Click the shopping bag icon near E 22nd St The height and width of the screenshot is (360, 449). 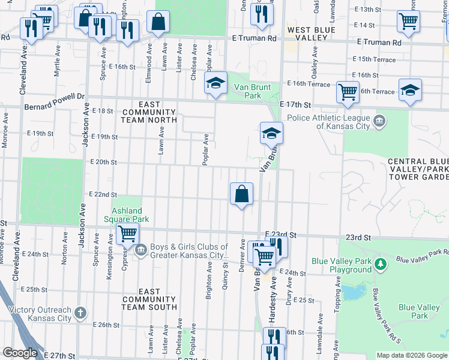pos(241,194)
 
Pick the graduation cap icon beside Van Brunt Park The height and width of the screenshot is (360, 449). pos(215,83)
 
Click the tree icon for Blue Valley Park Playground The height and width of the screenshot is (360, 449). pos(379,263)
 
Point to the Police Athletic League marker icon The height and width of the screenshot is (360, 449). pos(379,122)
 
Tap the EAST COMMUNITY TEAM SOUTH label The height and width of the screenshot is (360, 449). pos(150,299)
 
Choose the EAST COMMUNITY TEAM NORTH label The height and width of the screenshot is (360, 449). pos(150,116)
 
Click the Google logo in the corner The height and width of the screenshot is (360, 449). pos(20,353)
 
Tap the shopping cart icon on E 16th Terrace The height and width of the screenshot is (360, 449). pos(348,92)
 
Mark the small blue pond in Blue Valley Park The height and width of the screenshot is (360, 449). pos(353,292)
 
